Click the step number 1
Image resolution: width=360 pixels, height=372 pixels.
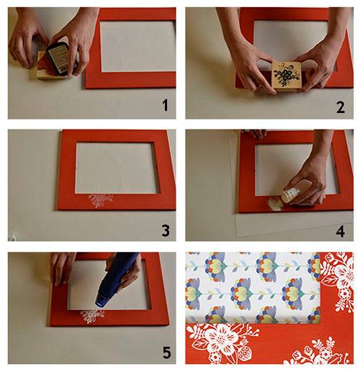coord(165,105)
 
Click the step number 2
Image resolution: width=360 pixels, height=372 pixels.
coord(341,107)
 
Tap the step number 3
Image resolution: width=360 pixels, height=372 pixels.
coord(166,230)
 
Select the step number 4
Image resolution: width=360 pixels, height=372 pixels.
coord(341,231)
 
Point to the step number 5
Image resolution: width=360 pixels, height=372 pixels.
coord(166,353)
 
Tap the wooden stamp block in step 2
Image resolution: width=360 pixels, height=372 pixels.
coord(286,76)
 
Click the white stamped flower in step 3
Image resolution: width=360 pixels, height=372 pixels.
coord(101,201)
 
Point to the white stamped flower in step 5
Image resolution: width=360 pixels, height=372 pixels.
coord(92,316)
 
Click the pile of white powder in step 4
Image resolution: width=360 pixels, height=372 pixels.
coord(275,204)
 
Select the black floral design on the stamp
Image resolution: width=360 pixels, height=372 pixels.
coord(287,75)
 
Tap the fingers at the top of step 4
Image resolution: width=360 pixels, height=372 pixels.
coord(256,134)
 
